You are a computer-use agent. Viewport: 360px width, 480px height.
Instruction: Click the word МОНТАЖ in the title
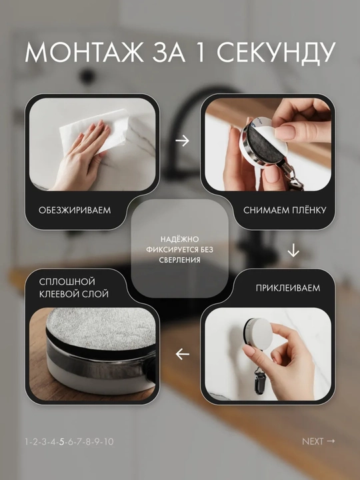pyautogui.click(x=84, y=53)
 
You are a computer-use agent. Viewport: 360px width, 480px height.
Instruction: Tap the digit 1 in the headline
pyautogui.click(x=200, y=53)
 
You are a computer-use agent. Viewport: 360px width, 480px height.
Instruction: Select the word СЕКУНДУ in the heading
pyautogui.click(x=276, y=53)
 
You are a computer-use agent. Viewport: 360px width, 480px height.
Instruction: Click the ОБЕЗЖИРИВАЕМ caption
pyautogui.click(x=75, y=210)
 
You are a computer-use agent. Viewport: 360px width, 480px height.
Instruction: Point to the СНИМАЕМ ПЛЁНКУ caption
pyautogui.click(x=285, y=210)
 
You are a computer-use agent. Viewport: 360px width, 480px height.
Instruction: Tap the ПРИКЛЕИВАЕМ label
pyautogui.click(x=288, y=288)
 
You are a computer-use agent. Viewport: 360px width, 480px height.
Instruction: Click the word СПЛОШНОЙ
pyautogui.click(x=67, y=281)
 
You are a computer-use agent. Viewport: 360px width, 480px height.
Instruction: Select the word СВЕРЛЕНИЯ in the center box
pyautogui.click(x=179, y=260)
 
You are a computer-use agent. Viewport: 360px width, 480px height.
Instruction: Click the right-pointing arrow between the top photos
pyautogui.click(x=183, y=141)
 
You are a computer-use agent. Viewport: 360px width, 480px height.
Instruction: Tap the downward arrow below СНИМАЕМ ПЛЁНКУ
pyautogui.click(x=293, y=250)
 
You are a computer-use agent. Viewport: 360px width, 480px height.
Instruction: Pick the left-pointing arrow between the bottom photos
pyautogui.click(x=183, y=354)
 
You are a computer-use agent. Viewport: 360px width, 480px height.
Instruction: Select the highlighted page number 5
pyautogui.click(x=62, y=442)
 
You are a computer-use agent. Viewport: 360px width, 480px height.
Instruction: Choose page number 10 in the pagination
pyautogui.click(x=109, y=442)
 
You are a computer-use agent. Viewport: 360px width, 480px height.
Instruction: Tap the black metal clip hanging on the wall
pyautogui.click(x=259, y=381)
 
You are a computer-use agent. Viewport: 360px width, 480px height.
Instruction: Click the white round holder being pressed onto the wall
pyautogui.click(x=258, y=334)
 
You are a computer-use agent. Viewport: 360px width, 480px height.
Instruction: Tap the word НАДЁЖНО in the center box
pyautogui.click(x=179, y=239)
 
